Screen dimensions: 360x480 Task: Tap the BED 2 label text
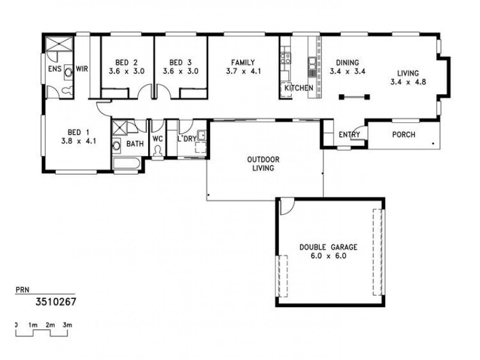tap(123, 62)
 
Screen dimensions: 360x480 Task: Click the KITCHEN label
tap(298, 89)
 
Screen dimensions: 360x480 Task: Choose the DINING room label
tap(347, 62)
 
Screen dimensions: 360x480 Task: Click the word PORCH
tap(403, 135)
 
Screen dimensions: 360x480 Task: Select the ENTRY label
tap(349, 135)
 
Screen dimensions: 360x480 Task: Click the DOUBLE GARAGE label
tap(328, 247)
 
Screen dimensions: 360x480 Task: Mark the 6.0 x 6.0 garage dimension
tap(328, 256)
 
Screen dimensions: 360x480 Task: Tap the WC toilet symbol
tap(158, 152)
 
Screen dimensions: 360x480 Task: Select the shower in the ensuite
tap(59, 45)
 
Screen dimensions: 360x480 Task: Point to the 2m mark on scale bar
tap(52, 325)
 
